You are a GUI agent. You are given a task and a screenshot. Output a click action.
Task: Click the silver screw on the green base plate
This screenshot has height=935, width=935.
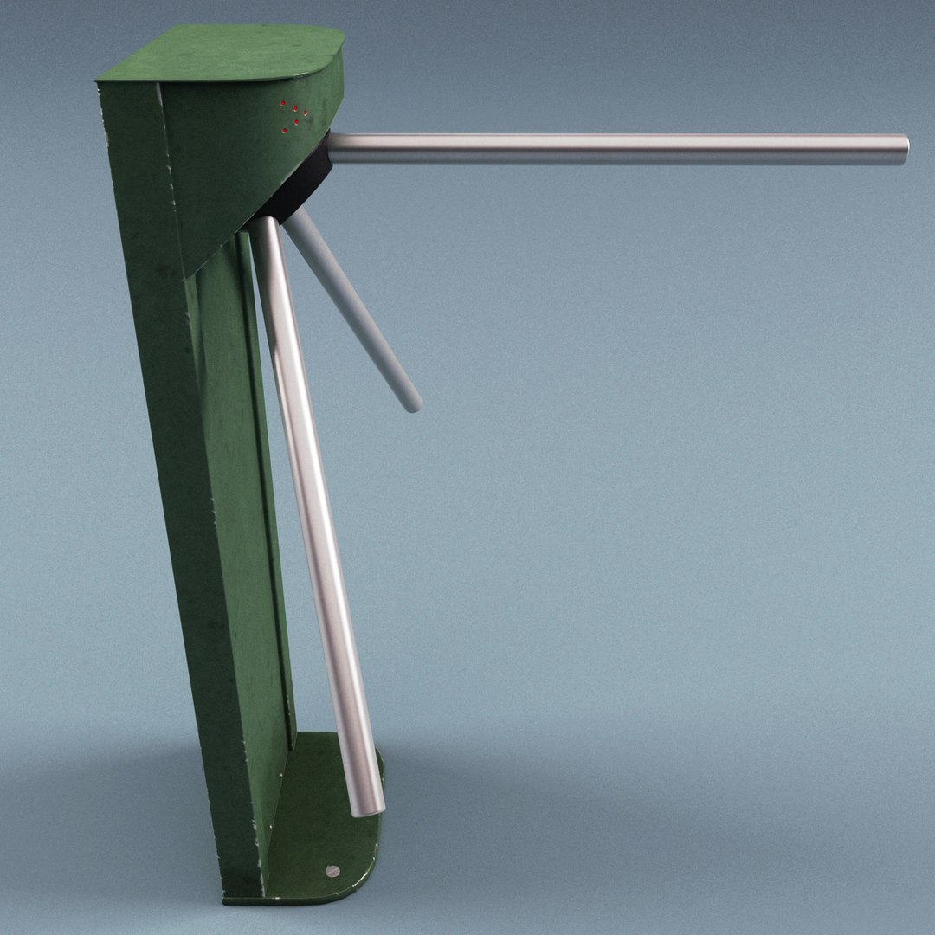pos(332,871)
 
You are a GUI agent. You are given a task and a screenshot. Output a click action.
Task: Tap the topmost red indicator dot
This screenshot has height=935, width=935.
pos(283,104)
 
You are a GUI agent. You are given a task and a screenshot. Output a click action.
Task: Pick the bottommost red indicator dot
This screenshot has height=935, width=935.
pos(285,130)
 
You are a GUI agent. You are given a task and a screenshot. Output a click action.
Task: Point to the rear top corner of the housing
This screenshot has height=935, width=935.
pos(100,80)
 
